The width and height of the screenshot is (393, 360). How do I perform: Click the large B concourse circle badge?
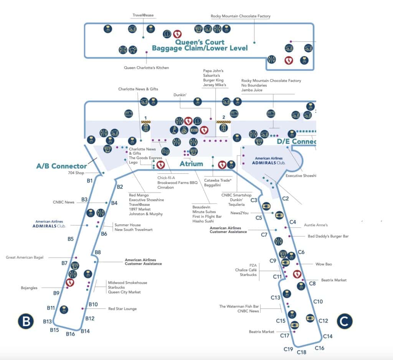(x=26, y=321)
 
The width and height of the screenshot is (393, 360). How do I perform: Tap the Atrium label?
(x=191, y=164)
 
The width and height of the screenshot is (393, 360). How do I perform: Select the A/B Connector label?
(x=61, y=166)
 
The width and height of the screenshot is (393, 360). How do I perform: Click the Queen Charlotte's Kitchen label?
(x=146, y=68)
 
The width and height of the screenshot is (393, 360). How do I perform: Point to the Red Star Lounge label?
(x=122, y=309)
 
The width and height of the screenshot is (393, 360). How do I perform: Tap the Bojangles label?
(x=29, y=288)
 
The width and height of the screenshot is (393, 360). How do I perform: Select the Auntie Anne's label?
(x=315, y=225)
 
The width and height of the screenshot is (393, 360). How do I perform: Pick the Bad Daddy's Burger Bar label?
(x=328, y=237)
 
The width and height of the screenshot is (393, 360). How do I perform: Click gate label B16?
(x=70, y=334)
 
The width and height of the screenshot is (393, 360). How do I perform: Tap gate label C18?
(x=302, y=352)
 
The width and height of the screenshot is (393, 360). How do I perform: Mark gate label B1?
(x=89, y=180)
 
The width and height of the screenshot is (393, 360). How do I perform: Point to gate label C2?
(x=285, y=198)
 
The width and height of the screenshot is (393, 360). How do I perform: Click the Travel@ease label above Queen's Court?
(x=143, y=15)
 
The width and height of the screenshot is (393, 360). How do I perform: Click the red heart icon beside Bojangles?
(x=70, y=283)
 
